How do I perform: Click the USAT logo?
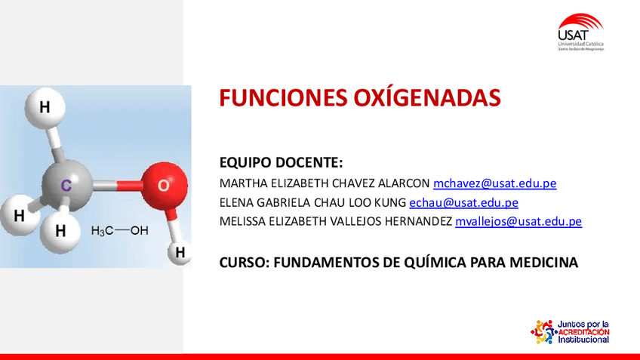click(x=580, y=32)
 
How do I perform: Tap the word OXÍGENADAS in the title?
click(x=427, y=98)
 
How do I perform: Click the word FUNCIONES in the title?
click(x=283, y=98)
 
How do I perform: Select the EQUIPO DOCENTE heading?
click(x=281, y=162)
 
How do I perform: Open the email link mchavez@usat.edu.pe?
click(x=494, y=183)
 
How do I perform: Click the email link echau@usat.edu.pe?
click(x=463, y=202)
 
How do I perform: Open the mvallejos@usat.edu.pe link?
click(x=518, y=221)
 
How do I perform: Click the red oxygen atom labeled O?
click(x=164, y=186)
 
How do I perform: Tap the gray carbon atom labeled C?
click(x=66, y=185)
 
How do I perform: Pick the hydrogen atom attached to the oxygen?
click(x=180, y=253)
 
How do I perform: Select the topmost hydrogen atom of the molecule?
click(x=45, y=107)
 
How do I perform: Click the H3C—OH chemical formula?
click(x=119, y=231)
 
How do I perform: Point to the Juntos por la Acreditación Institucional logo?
click(x=570, y=332)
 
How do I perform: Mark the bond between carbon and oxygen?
click(x=117, y=186)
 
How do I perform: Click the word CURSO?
click(x=245, y=263)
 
